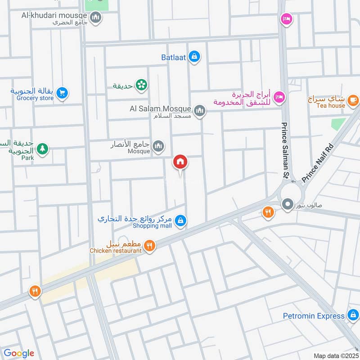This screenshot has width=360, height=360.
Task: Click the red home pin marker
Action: tap(180, 162)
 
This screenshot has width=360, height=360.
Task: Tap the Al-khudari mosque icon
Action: tap(95, 18)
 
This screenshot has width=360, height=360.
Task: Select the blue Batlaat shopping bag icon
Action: tap(194, 57)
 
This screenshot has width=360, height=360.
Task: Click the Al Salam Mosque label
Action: tap(161, 108)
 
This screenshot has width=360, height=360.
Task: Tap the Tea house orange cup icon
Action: tap(353, 99)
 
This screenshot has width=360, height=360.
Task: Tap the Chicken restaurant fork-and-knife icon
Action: tap(150, 245)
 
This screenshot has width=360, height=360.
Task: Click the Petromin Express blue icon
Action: tap(353, 315)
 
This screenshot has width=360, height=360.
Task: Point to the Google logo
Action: tap(18, 353)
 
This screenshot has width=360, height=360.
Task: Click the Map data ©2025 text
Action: tap(335, 355)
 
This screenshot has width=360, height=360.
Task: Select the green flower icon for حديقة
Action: tap(141, 84)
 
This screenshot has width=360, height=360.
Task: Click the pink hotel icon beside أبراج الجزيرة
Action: tap(279, 96)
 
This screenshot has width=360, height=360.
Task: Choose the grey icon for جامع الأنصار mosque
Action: tap(158, 146)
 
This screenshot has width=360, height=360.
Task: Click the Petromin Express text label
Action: tap(314, 316)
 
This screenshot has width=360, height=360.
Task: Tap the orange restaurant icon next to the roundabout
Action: tap(268, 211)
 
